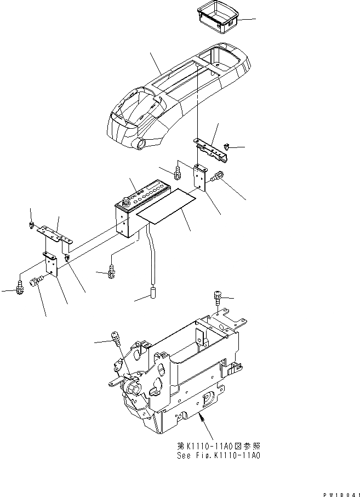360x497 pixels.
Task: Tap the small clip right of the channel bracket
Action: [x=228, y=146]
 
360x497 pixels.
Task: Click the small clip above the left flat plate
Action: [x=32, y=224]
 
